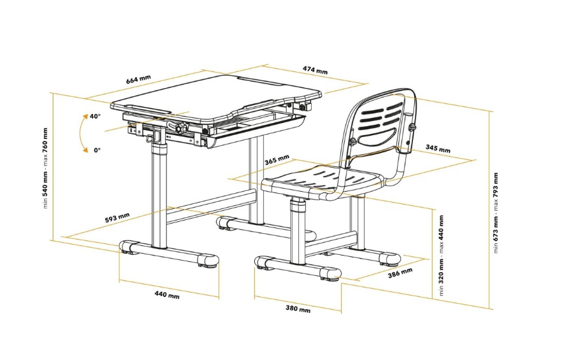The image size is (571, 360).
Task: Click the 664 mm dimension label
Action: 138,80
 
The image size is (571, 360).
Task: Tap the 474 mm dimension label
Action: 315,70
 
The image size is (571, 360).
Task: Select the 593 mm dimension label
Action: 117,218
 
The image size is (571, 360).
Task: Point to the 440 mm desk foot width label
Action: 167,294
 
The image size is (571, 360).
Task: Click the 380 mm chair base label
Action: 298,308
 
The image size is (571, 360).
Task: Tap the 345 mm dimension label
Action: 438,149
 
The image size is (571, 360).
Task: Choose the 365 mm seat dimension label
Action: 277,160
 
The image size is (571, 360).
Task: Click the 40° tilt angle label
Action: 96,117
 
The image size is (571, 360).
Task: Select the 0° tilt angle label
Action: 97,150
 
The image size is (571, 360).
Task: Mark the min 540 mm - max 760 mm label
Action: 45,168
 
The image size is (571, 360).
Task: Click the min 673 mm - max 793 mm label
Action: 496,213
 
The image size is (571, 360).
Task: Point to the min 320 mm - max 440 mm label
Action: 442,255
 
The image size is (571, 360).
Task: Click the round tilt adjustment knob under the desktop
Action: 179,129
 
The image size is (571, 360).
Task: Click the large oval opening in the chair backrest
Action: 377,136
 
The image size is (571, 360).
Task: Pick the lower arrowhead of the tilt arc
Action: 85,150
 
